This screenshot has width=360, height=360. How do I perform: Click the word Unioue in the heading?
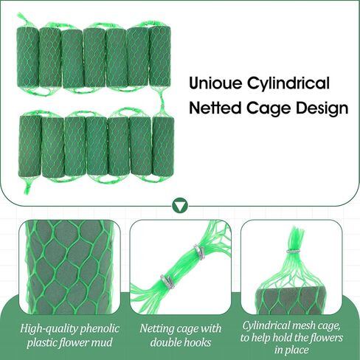click(215, 83)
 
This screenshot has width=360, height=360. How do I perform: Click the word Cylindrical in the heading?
click(288, 84)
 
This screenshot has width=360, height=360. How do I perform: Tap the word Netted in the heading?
click(215, 108)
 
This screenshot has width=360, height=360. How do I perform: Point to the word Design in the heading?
click(322, 108)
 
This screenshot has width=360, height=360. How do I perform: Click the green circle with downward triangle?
click(180, 205)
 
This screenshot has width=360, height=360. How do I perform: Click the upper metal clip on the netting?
click(199, 252)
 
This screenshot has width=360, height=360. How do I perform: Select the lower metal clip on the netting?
click(167, 282)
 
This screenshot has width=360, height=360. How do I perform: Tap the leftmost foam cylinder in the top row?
click(27, 56)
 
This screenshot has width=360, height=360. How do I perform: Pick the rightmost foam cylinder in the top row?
click(160, 55)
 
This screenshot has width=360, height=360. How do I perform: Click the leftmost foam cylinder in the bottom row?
click(30, 146)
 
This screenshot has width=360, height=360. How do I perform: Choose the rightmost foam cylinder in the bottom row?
click(163, 146)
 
